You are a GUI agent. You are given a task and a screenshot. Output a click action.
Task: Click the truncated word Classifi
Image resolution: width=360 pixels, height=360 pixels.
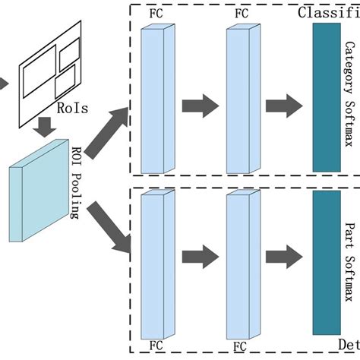tap(328, 11)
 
